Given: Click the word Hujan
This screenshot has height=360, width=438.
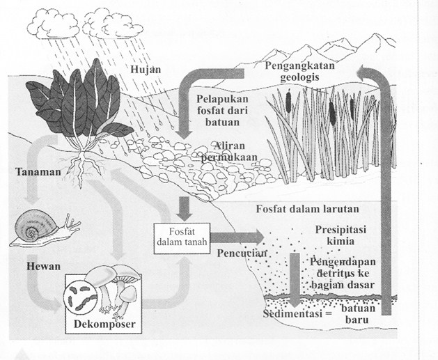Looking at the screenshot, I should coord(145,70).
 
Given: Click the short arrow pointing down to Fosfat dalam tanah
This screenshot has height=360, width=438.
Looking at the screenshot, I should coord(185,207).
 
